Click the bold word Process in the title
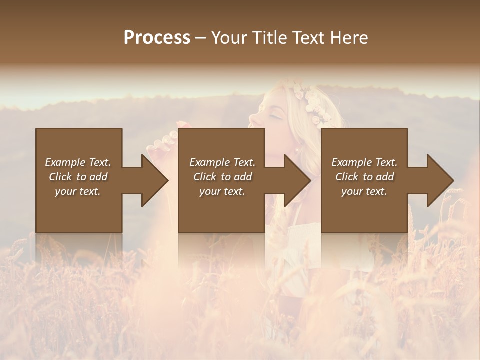point(157,38)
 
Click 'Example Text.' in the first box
point(78,162)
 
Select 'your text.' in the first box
point(78,191)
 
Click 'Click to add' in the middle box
point(222,177)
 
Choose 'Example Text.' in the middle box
point(222,162)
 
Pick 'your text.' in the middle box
point(222,191)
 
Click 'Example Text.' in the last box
point(364,162)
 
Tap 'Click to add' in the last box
point(364,177)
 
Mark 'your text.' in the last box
point(364,191)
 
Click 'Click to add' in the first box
point(78,177)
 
